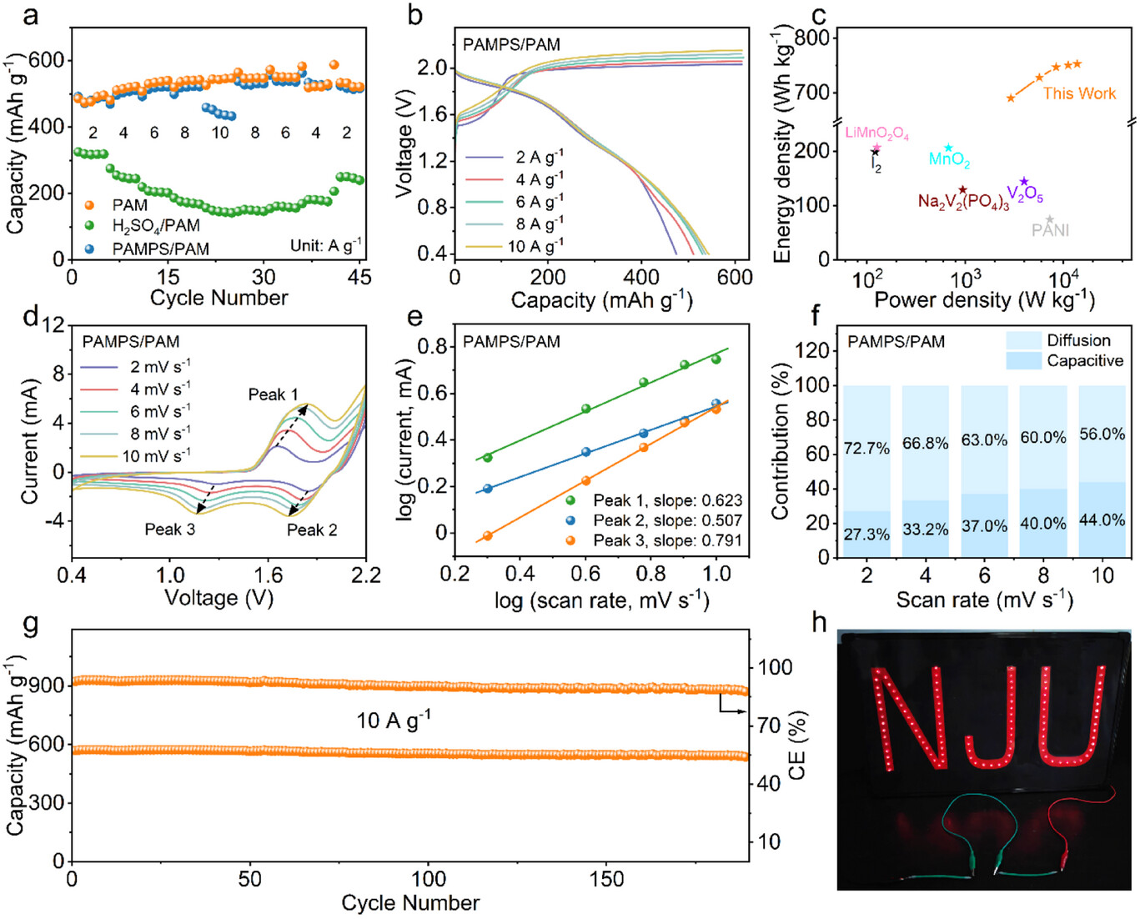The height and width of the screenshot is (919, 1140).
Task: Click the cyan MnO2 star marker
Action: pos(948,148)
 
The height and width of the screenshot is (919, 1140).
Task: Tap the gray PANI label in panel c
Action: pos(1050,230)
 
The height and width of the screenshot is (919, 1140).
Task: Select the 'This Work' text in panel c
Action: pos(1079,93)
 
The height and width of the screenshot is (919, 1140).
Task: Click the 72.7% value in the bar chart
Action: pos(866,448)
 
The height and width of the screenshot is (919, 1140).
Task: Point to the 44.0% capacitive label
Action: pos(1102,520)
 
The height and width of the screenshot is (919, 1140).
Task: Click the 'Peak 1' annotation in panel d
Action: pos(273,394)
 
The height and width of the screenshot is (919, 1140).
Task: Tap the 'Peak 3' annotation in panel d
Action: pos(169,530)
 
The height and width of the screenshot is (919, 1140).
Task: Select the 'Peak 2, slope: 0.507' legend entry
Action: pos(667,520)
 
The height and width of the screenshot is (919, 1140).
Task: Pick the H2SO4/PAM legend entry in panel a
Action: pos(156,226)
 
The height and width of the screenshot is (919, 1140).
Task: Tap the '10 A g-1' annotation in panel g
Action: pos(393,720)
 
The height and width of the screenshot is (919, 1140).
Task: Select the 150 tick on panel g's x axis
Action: pos(606,879)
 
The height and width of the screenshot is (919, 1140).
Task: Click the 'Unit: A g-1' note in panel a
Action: pos(325,245)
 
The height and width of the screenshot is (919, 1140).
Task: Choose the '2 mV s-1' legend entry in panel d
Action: pos(159,367)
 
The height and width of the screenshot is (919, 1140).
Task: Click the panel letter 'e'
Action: pos(414,318)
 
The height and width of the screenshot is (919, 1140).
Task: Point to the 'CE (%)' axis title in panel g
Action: pos(797,745)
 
